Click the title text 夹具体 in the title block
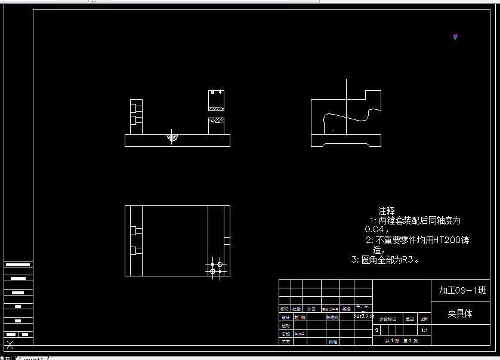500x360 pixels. [x=460, y=313]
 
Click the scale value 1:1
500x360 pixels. [x=424, y=330]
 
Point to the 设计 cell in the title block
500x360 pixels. [x=285, y=318]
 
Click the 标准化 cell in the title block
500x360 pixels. [x=332, y=318]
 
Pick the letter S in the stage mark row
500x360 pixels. [x=376, y=330]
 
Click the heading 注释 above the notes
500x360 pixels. [x=386, y=211]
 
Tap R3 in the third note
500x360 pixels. [x=407, y=260]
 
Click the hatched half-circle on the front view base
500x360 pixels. [x=172, y=138]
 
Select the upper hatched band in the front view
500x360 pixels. [x=216, y=109]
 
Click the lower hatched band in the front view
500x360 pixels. [x=216, y=121]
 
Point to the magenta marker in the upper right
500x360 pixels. [x=455, y=37]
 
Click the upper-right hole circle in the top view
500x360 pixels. [x=220, y=264]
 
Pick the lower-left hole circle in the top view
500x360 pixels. [x=212, y=271]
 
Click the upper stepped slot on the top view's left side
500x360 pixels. [x=137, y=230]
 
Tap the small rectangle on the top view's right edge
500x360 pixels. [x=227, y=240]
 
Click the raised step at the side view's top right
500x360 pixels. [x=373, y=96]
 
